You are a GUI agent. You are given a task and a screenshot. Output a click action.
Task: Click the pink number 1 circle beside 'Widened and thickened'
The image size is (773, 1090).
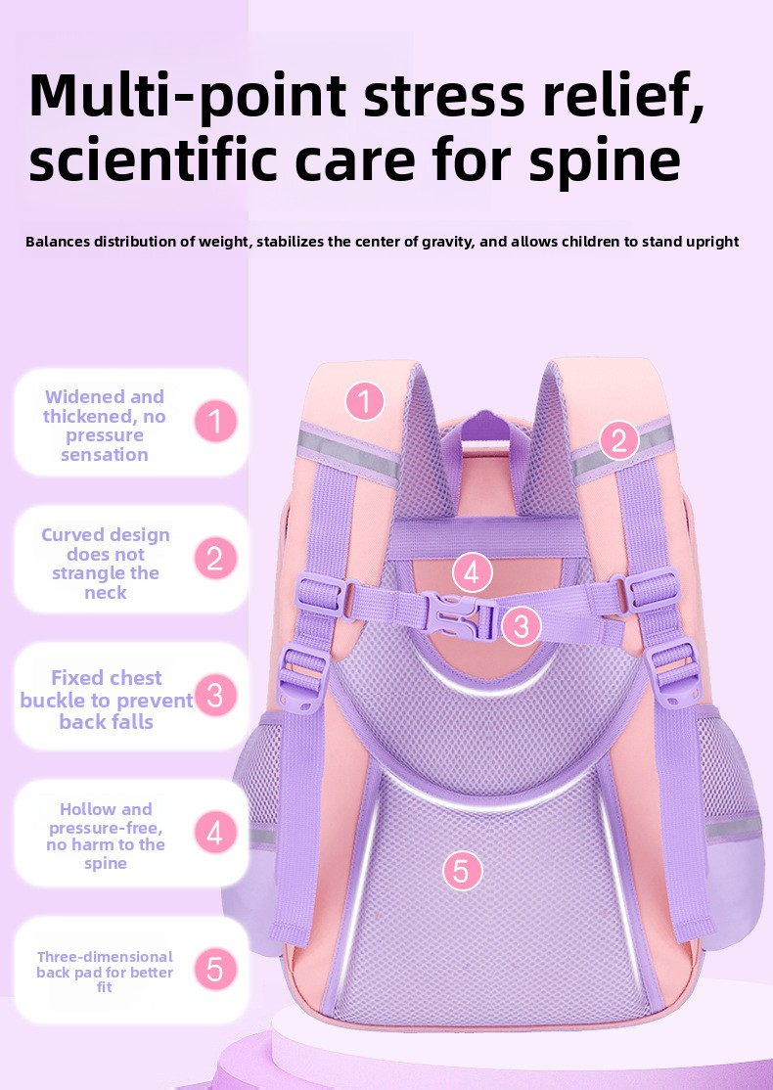pos(216,423)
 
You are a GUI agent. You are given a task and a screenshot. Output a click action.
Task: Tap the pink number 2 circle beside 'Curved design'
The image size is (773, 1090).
pos(216,559)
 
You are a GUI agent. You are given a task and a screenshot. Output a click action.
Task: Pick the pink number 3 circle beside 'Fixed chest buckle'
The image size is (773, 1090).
pos(216,696)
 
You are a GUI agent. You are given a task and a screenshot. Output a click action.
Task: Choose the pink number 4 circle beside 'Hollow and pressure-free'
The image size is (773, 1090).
pos(216,834)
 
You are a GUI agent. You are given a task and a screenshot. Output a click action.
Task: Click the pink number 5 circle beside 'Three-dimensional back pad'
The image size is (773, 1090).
pos(216,970)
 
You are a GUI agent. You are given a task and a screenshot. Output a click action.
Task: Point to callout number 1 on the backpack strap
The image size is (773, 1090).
pos(365,400)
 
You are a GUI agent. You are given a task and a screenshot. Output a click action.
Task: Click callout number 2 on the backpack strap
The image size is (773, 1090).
pos(618,439)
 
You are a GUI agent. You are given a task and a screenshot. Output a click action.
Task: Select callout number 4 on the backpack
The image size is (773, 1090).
pos(472,572)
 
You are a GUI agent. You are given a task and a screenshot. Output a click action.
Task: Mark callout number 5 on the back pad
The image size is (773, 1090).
pos(462,869)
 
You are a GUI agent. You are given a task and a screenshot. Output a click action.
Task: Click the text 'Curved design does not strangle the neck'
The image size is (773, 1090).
pos(106,564)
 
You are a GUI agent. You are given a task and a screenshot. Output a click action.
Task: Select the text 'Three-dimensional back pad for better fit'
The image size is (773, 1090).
pos(105,972)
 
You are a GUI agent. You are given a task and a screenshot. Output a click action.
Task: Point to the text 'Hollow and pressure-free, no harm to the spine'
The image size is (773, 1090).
pos(106,836)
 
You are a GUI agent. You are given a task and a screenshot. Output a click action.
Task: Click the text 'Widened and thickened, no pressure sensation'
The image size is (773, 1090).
pos(105,426)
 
